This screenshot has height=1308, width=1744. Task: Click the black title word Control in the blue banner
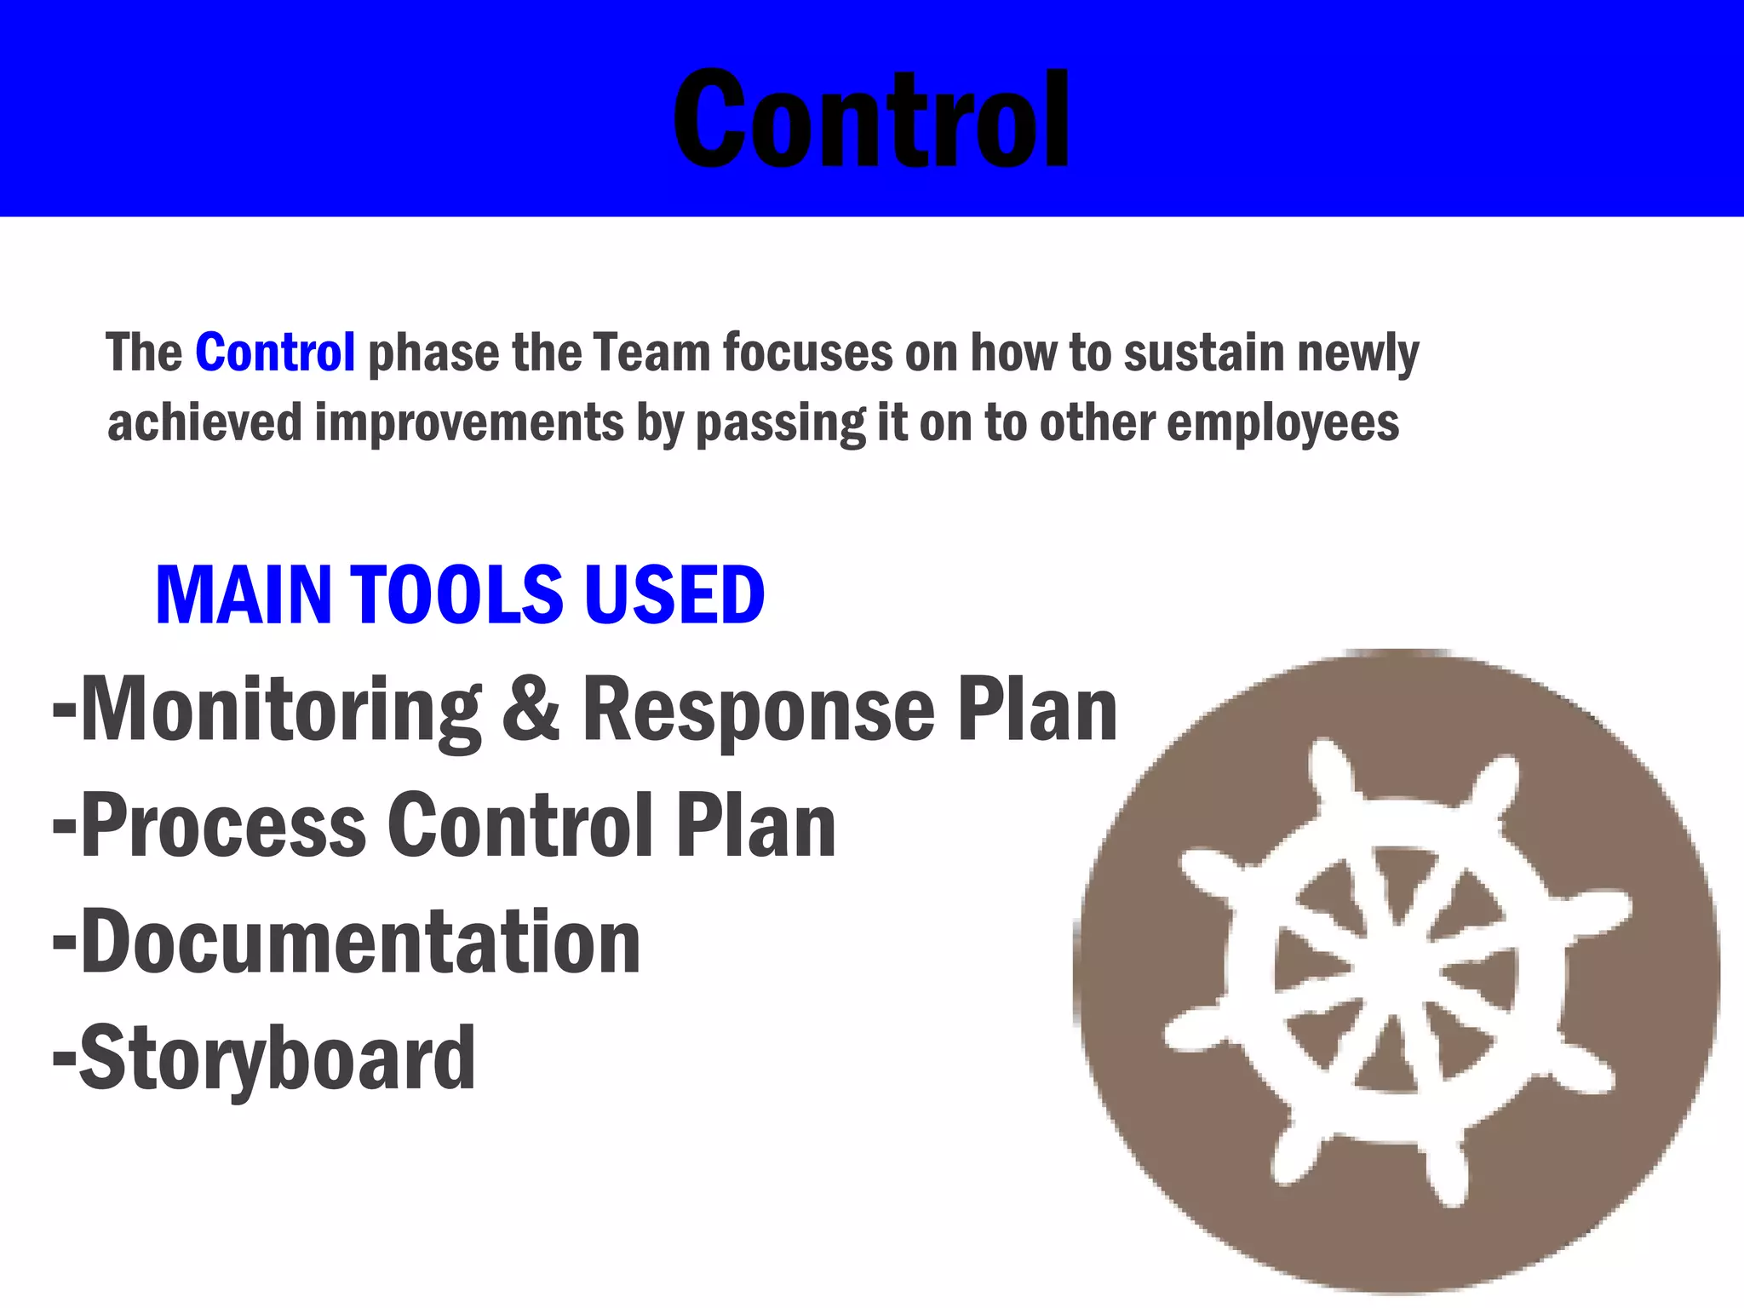[x=870, y=119]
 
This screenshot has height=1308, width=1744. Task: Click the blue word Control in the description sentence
[x=275, y=353]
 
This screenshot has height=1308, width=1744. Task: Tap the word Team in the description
[x=651, y=353]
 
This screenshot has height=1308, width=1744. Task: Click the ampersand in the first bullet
[x=531, y=709]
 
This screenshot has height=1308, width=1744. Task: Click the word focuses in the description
[x=807, y=353]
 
